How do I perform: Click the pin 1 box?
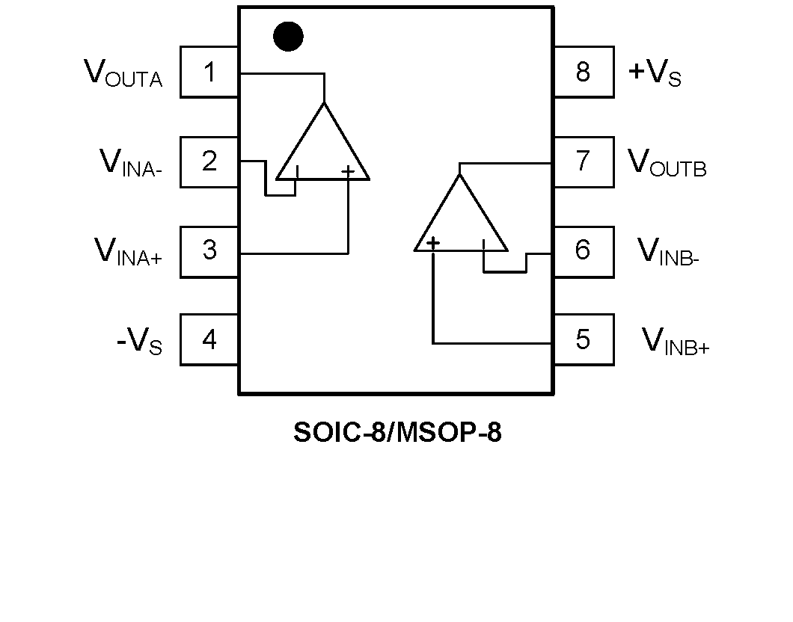(x=209, y=73)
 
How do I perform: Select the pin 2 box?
(x=209, y=161)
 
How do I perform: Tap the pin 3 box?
(x=209, y=250)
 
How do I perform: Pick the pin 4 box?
(x=209, y=340)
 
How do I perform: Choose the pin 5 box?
(x=583, y=340)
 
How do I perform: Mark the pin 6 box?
(x=583, y=250)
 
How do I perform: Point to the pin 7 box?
(x=583, y=161)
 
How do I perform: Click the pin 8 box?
(x=583, y=73)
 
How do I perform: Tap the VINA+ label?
(x=128, y=252)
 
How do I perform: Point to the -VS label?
(x=139, y=342)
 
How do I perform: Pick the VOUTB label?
(x=667, y=163)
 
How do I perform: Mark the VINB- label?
(x=668, y=252)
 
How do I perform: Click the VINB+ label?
(x=676, y=342)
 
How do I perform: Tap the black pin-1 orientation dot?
(x=288, y=37)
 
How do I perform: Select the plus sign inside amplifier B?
(x=432, y=243)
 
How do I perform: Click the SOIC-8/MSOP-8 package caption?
(x=397, y=432)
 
